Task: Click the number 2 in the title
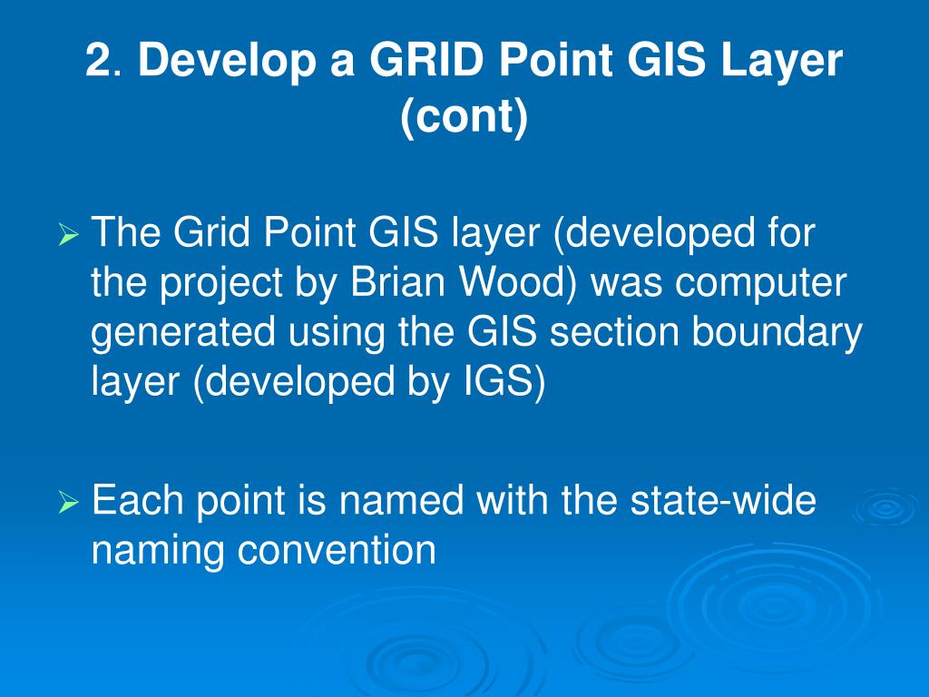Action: point(98,63)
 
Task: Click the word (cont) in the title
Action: point(464,119)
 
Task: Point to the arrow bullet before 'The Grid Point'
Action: point(70,238)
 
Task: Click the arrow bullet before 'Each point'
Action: point(70,502)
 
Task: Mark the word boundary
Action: point(777,334)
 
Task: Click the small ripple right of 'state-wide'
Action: point(885,508)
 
